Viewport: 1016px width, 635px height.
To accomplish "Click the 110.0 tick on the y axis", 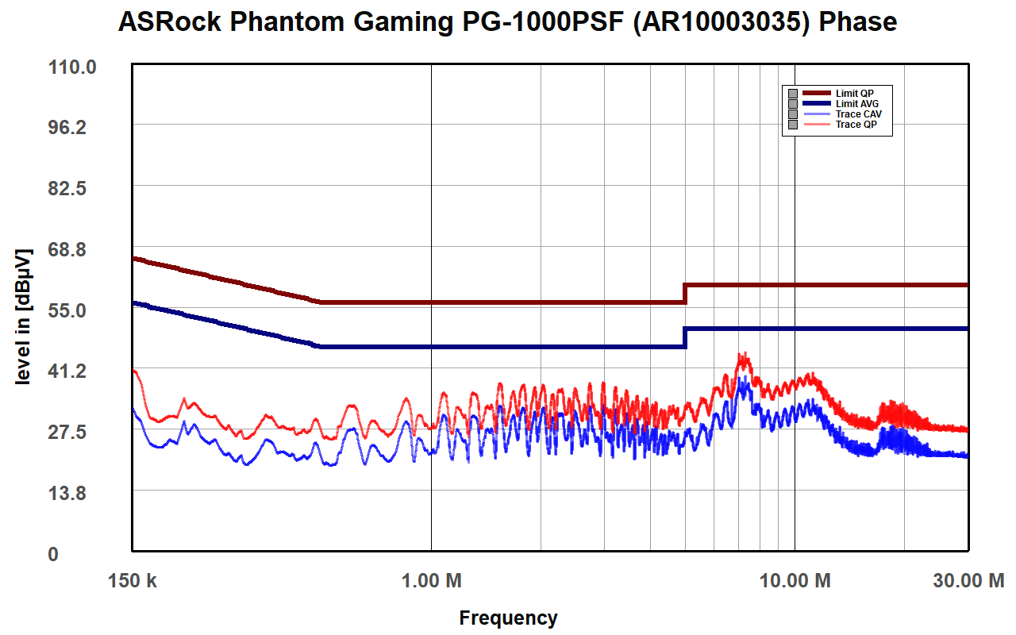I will (x=73, y=67).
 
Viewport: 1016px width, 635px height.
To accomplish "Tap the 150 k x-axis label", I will (x=133, y=581).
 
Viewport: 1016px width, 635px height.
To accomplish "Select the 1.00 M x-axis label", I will (x=431, y=581).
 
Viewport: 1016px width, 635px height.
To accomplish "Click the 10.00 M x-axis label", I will (x=795, y=581).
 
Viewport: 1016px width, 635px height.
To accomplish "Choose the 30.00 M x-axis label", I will (x=968, y=581).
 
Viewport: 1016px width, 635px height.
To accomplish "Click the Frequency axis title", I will (x=508, y=618).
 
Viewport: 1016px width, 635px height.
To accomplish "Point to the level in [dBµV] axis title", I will (x=25, y=317).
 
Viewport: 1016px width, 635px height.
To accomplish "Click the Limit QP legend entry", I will (x=854, y=94).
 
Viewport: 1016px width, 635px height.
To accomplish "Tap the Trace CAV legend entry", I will (x=858, y=114).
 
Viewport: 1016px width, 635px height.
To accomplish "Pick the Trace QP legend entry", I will (x=856, y=125).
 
